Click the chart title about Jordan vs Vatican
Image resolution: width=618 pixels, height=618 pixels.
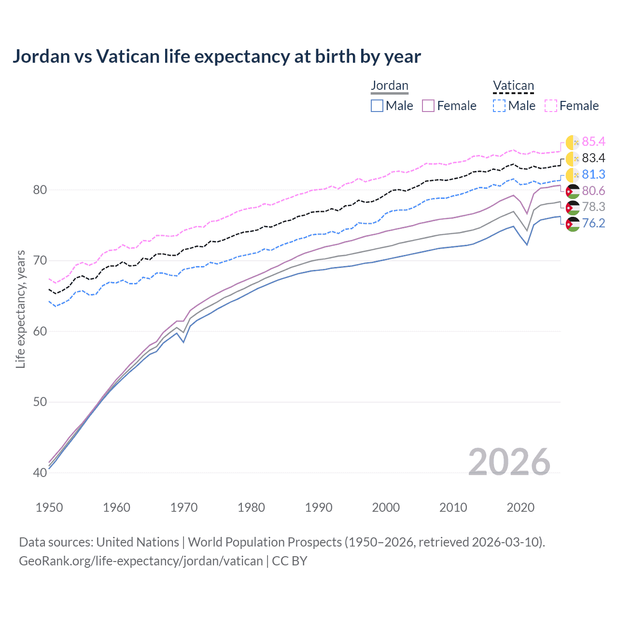point(217,56)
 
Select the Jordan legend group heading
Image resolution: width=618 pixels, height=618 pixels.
point(389,86)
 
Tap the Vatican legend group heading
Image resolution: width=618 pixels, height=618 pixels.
point(513,86)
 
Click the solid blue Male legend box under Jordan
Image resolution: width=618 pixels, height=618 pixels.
point(377,106)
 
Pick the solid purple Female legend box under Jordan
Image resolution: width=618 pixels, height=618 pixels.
point(429,106)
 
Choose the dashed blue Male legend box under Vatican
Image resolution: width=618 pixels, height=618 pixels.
point(499,106)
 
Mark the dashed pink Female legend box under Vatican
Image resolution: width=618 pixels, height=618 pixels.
point(551,106)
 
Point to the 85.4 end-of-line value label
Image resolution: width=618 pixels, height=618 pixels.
point(593,141)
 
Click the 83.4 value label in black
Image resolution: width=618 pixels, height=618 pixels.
point(593,158)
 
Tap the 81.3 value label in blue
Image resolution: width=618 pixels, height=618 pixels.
point(593,174)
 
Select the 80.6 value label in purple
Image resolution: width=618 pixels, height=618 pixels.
point(593,191)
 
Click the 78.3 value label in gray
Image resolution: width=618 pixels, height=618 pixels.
point(593,207)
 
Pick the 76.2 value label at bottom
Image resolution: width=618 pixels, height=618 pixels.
point(593,223)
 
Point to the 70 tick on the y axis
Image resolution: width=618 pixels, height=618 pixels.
point(40,261)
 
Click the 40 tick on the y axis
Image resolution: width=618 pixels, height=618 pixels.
point(40,473)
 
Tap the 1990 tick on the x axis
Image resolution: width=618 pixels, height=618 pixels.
point(319,507)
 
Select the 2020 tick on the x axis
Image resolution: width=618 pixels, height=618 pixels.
point(520,507)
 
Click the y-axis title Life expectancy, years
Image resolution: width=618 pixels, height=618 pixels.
point(21,309)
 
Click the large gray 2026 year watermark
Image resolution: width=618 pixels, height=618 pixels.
point(509,462)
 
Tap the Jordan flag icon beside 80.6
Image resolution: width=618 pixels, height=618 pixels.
point(573,191)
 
